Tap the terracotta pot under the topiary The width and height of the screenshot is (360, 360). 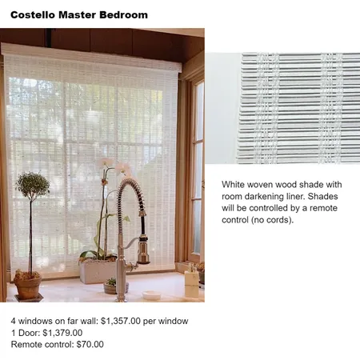[28, 286]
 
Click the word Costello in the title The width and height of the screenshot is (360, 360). [36, 15]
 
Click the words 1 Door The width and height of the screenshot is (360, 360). [24, 333]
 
